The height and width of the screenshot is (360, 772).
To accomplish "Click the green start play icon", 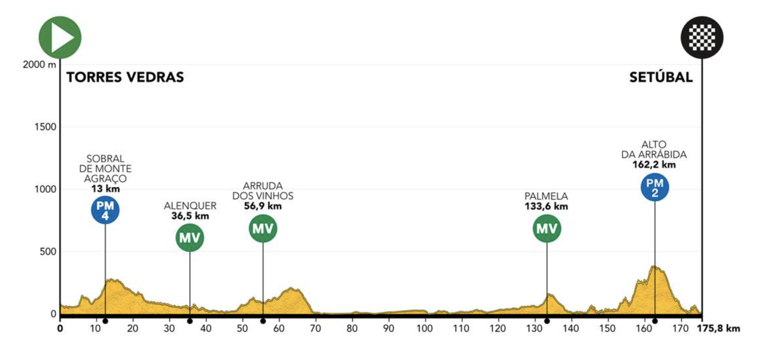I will coord(60,37).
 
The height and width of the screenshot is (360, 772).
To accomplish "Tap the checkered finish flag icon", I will coord(702,37).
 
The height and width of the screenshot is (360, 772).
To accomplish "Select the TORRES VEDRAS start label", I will coord(125,77).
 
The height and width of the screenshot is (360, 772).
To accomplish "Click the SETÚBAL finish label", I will coord(661,77).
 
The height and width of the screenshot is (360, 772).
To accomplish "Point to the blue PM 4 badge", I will coord(105,210).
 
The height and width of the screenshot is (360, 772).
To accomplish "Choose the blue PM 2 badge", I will coord(655,187).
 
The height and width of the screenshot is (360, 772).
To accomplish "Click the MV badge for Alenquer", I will coord(190,237).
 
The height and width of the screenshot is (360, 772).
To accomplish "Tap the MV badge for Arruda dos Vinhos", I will coord(263,229).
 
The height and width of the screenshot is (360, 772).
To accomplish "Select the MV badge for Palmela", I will coord(547,229).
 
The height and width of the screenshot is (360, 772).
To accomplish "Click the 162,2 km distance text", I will coord(654,164).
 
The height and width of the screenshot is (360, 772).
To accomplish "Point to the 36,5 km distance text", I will coord(190,216).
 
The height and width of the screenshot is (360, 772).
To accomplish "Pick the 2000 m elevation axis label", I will coord(39,64).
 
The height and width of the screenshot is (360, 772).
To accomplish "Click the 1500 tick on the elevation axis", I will coord(45,127).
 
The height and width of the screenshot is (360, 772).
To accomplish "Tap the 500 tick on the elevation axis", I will coord(48,252).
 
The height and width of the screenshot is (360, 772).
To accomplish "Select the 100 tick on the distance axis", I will coord(424,329).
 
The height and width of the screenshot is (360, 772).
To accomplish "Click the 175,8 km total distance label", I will coord(718,329).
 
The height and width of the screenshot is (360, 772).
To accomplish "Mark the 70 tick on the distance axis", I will coord(315,329).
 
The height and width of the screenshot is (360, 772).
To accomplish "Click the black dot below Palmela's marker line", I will coord(547,321).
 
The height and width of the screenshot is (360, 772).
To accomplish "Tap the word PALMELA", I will coord(546,196).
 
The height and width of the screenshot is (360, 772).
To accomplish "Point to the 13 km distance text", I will coord(105,189).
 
